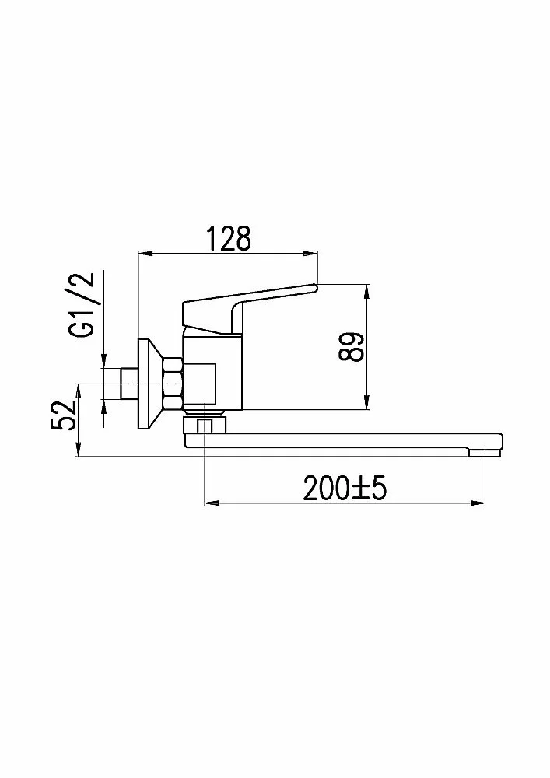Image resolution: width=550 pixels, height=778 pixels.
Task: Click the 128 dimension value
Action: click(x=229, y=239)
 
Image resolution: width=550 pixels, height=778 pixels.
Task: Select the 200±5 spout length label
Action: click(x=345, y=489)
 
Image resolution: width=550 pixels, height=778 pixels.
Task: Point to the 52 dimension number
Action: click(x=63, y=415)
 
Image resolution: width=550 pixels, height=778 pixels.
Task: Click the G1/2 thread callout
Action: click(x=82, y=305)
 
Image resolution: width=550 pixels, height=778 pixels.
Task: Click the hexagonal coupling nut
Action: click(x=173, y=384)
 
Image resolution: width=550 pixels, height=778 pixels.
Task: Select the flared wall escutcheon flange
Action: click(x=149, y=384)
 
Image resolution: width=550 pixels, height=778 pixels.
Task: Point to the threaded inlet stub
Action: click(x=129, y=384)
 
